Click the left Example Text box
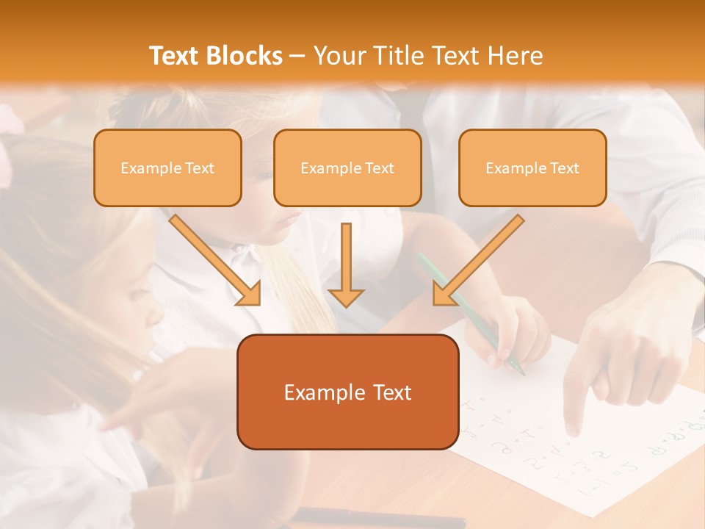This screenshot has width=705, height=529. (x=167, y=168)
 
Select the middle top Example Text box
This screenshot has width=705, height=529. (x=347, y=168)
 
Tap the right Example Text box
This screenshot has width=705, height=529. (x=532, y=168)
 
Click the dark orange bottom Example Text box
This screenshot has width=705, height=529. (x=347, y=392)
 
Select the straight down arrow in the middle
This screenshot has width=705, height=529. (x=346, y=257)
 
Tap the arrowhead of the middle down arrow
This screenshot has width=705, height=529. (x=346, y=297)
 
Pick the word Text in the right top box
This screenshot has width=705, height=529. (x=564, y=168)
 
